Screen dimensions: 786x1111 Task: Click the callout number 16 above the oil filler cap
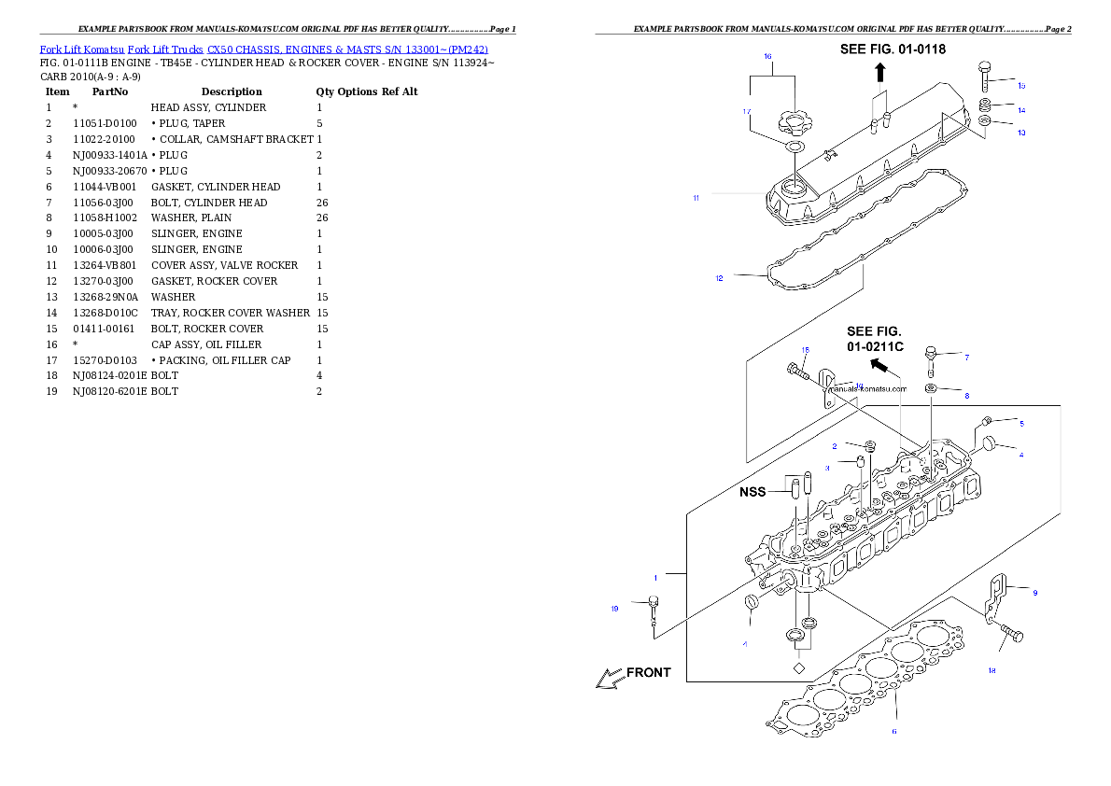[767, 57]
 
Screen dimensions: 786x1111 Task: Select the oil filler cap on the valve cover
[794, 121]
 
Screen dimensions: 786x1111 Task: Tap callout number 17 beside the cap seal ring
[747, 111]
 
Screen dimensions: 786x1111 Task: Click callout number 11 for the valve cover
[696, 197]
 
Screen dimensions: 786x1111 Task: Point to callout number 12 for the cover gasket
[719, 278]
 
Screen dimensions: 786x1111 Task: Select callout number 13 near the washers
[1021, 133]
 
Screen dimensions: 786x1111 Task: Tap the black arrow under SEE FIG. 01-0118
[880, 72]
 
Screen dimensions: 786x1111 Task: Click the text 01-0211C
[876, 346]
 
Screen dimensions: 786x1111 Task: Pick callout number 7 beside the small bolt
[967, 358]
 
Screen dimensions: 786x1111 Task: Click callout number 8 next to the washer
[967, 396]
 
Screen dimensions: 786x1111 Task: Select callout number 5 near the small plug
[1021, 424]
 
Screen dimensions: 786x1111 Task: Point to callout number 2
[835, 446]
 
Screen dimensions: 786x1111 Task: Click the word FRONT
[648, 672]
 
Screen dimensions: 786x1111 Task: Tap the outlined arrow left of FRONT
[609, 679]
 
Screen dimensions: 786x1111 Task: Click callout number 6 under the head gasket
[893, 731]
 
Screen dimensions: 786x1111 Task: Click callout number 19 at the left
[614, 610]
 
